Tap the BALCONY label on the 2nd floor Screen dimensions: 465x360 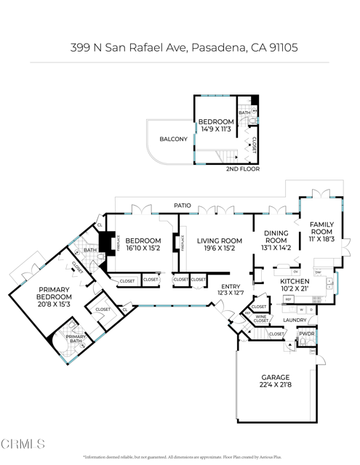[173, 139]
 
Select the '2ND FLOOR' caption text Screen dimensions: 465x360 [242, 169]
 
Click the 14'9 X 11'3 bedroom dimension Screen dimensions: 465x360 [216, 129]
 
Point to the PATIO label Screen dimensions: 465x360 [183, 206]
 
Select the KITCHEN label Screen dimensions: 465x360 [295, 281]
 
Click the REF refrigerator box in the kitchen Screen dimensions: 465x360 [288, 299]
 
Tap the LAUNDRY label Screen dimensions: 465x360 [295, 320]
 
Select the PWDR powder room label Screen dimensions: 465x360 [306, 334]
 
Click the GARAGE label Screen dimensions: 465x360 [276, 378]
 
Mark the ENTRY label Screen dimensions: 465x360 [230, 286]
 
